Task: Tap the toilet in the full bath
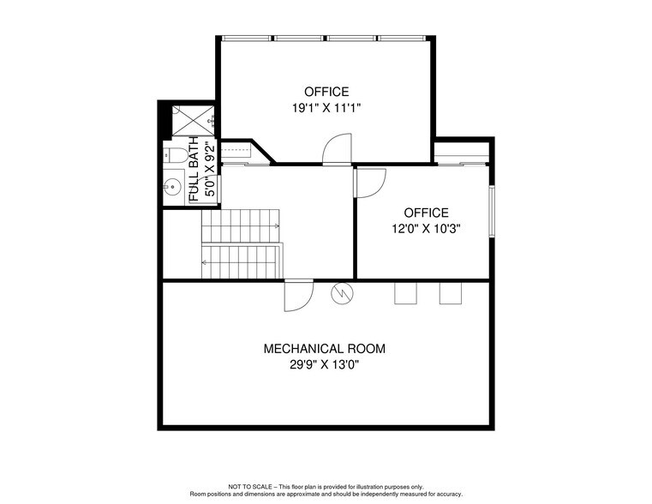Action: (x=174, y=155)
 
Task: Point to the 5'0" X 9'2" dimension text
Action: (x=209, y=170)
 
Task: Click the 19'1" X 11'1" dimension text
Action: (x=326, y=109)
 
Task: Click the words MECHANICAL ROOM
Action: (x=324, y=349)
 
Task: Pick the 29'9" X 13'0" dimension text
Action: (x=324, y=365)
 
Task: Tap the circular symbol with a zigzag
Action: (x=343, y=293)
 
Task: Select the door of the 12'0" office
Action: (x=370, y=183)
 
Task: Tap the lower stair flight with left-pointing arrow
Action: (x=242, y=259)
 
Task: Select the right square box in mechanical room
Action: (x=450, y=293)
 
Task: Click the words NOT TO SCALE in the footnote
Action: (x=248, y=487)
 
